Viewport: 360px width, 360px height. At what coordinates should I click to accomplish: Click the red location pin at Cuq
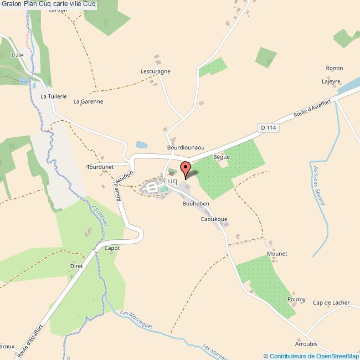186,169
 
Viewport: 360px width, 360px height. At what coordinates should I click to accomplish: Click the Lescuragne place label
156,72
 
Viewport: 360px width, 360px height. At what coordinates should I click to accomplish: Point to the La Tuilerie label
54,96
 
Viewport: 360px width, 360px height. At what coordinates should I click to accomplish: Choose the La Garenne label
89,102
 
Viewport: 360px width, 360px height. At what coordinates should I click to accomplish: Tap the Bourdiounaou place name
186,148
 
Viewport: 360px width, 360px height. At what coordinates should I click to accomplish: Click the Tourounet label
100,167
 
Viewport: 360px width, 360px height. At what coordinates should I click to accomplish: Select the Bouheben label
195,204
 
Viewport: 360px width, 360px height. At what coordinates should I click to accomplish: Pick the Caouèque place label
214,219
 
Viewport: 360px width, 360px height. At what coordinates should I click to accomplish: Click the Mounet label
277,254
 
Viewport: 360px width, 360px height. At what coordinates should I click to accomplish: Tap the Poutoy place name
296,299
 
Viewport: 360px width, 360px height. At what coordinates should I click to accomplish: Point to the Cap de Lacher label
331,302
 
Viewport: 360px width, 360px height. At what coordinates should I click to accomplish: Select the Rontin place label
335,68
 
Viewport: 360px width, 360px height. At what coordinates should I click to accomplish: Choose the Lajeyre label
331,81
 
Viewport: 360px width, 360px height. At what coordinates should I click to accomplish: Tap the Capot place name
112,248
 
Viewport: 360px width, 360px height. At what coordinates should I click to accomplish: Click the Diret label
76,266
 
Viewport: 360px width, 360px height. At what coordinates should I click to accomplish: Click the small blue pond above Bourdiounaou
142,145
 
